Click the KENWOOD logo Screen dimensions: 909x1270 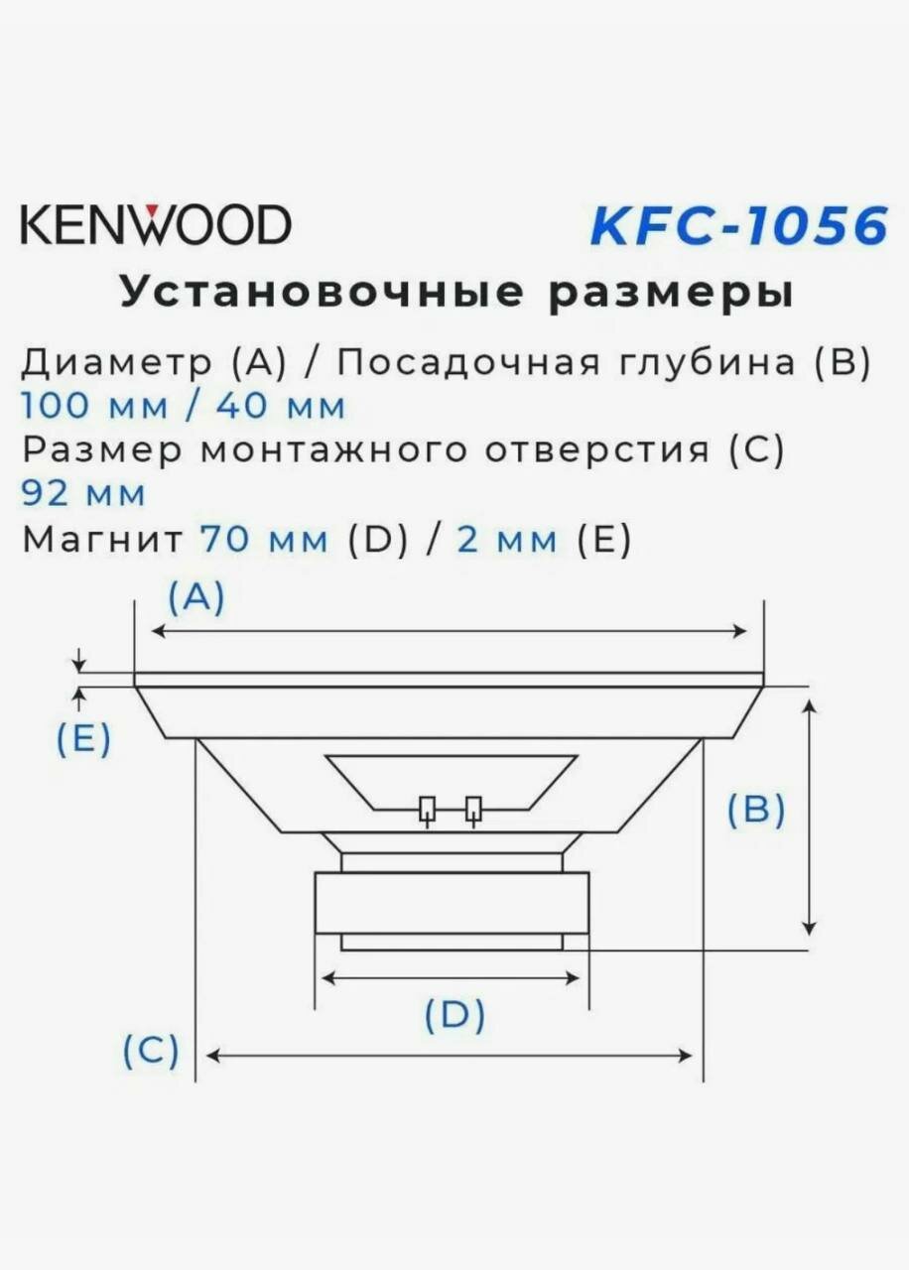pyautogui.click(x=156, y=225)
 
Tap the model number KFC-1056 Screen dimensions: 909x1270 pyautogui.click(x=738, y=226)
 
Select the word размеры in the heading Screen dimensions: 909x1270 pyautogui.click(x=656, y=293)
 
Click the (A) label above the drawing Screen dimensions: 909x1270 pyautogui.click(x=196, y=597)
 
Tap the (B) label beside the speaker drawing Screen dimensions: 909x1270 pyautogui.click(x=756, y=811)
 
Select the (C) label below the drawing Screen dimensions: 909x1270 pyautogui.click(x=151, y=1050)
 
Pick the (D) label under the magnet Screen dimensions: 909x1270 pyautogui.click(x=454, y=1016)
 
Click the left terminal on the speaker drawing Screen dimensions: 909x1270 pyautogui.click(x=428, y=810)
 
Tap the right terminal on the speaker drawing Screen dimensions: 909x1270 pyautogui.click(x=474, y=810)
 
